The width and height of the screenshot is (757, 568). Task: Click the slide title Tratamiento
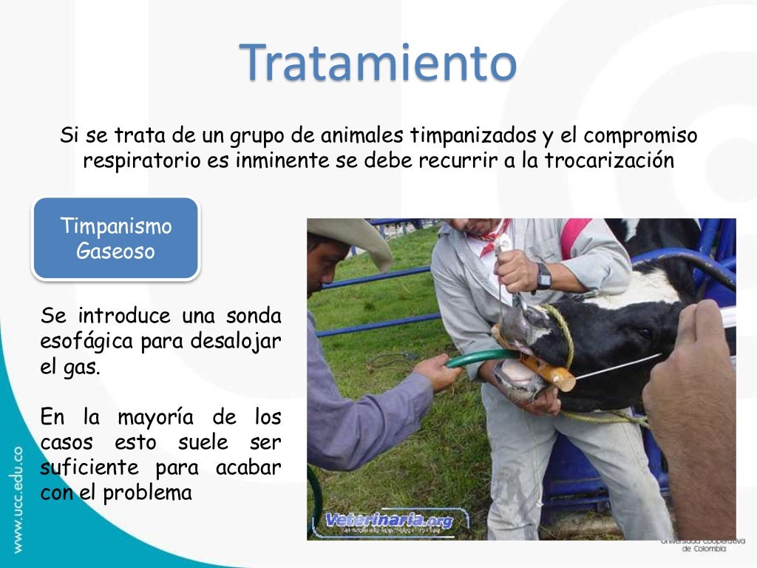[x=378, y=62]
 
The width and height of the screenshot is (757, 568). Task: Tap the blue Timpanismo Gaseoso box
[x=116, y=238]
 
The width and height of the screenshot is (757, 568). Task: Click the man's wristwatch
[x=543, y=277]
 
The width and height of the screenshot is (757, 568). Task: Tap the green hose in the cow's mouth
[x=480, y=356]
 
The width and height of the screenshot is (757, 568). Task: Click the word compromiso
[x=640, y=137]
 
